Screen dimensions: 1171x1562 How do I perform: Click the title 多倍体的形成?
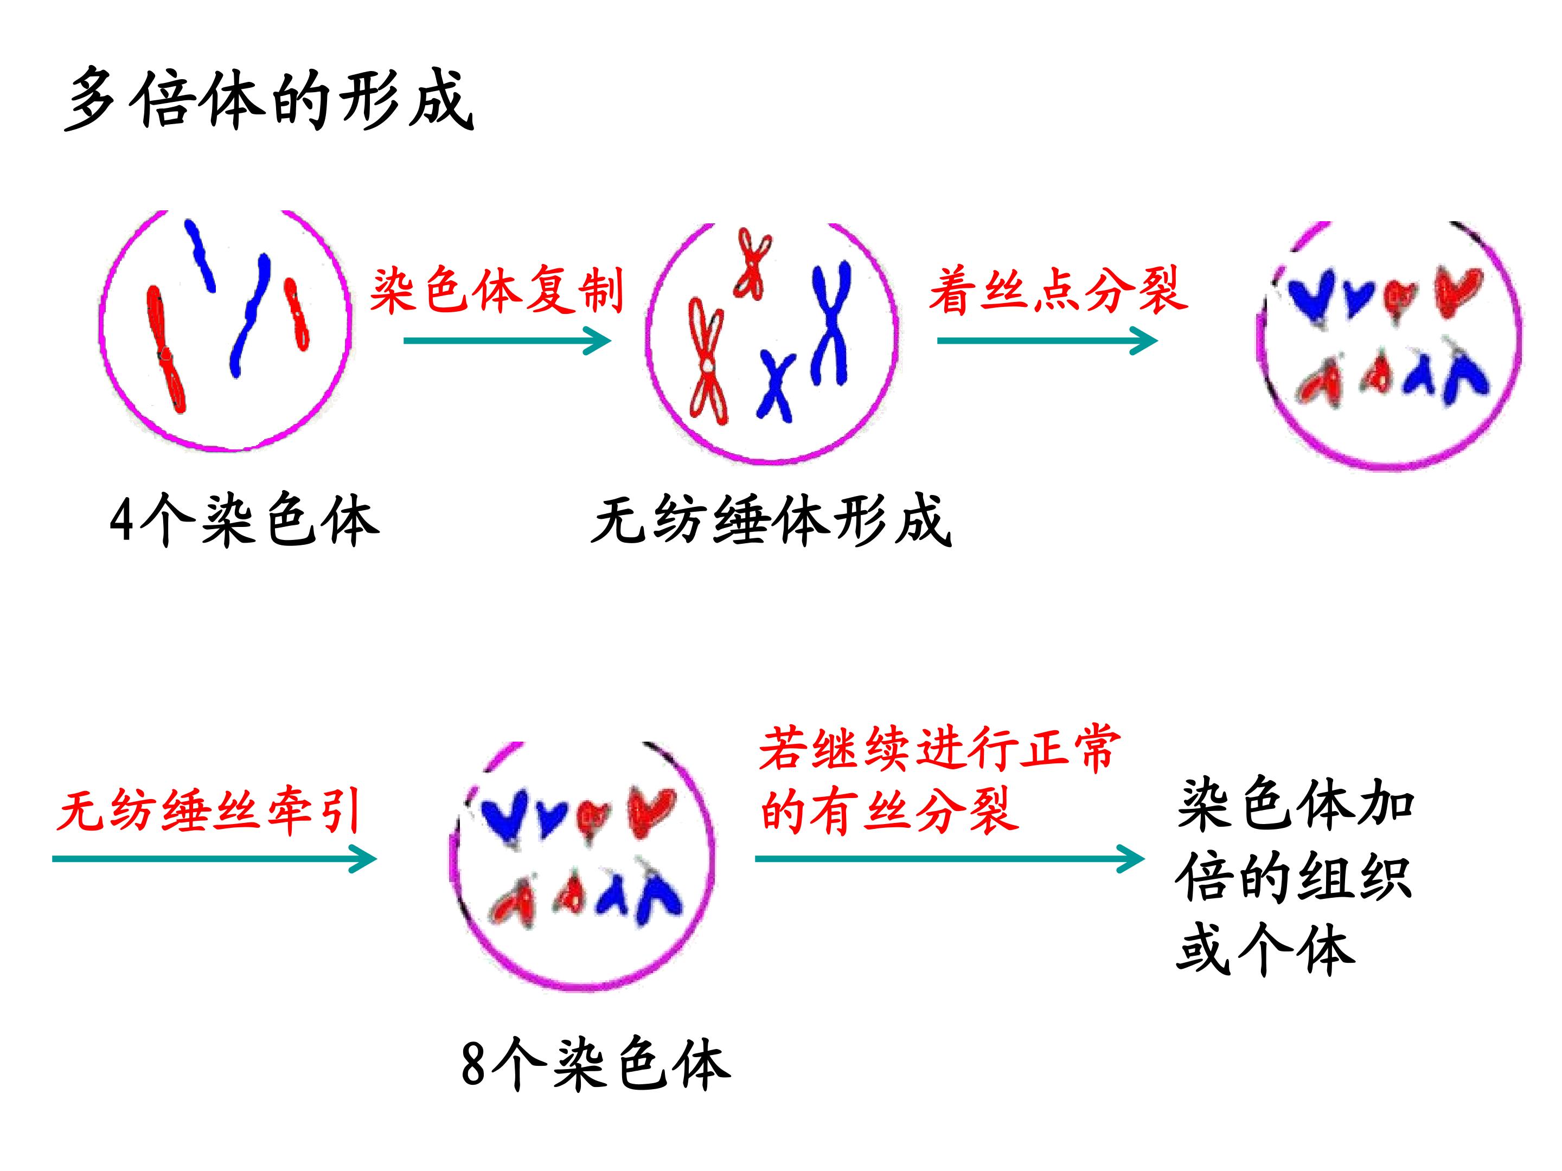268,100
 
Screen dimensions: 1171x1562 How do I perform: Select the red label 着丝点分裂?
1058,290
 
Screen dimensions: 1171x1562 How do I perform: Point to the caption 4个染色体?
244,520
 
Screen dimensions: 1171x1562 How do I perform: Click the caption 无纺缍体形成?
771,522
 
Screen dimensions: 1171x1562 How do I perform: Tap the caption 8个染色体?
596,1064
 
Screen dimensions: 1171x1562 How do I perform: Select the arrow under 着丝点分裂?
1047,341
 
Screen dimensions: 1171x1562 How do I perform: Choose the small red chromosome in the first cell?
297,314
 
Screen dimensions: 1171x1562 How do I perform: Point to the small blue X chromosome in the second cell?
776,385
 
